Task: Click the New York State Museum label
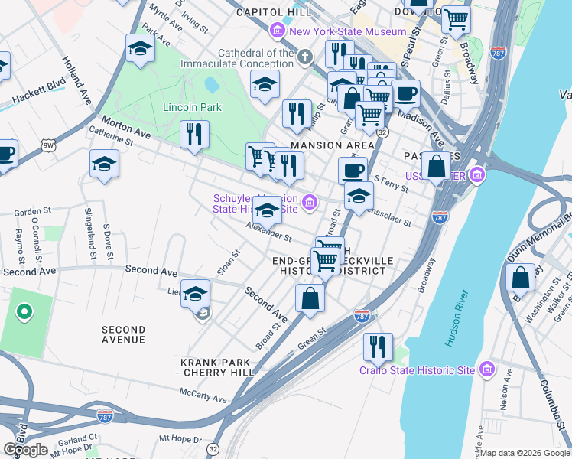click(x=348, y=31)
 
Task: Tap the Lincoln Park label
click(x=192, y=107)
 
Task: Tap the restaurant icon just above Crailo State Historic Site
click(x=378, y=345)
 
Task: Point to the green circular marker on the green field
click(x=24, y=311)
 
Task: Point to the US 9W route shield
click(x=49, y=144)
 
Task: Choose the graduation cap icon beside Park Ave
click(x=139, y=48)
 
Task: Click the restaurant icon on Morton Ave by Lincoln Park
click(x=194, y=134)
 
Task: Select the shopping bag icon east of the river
click(x=520, y=278)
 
